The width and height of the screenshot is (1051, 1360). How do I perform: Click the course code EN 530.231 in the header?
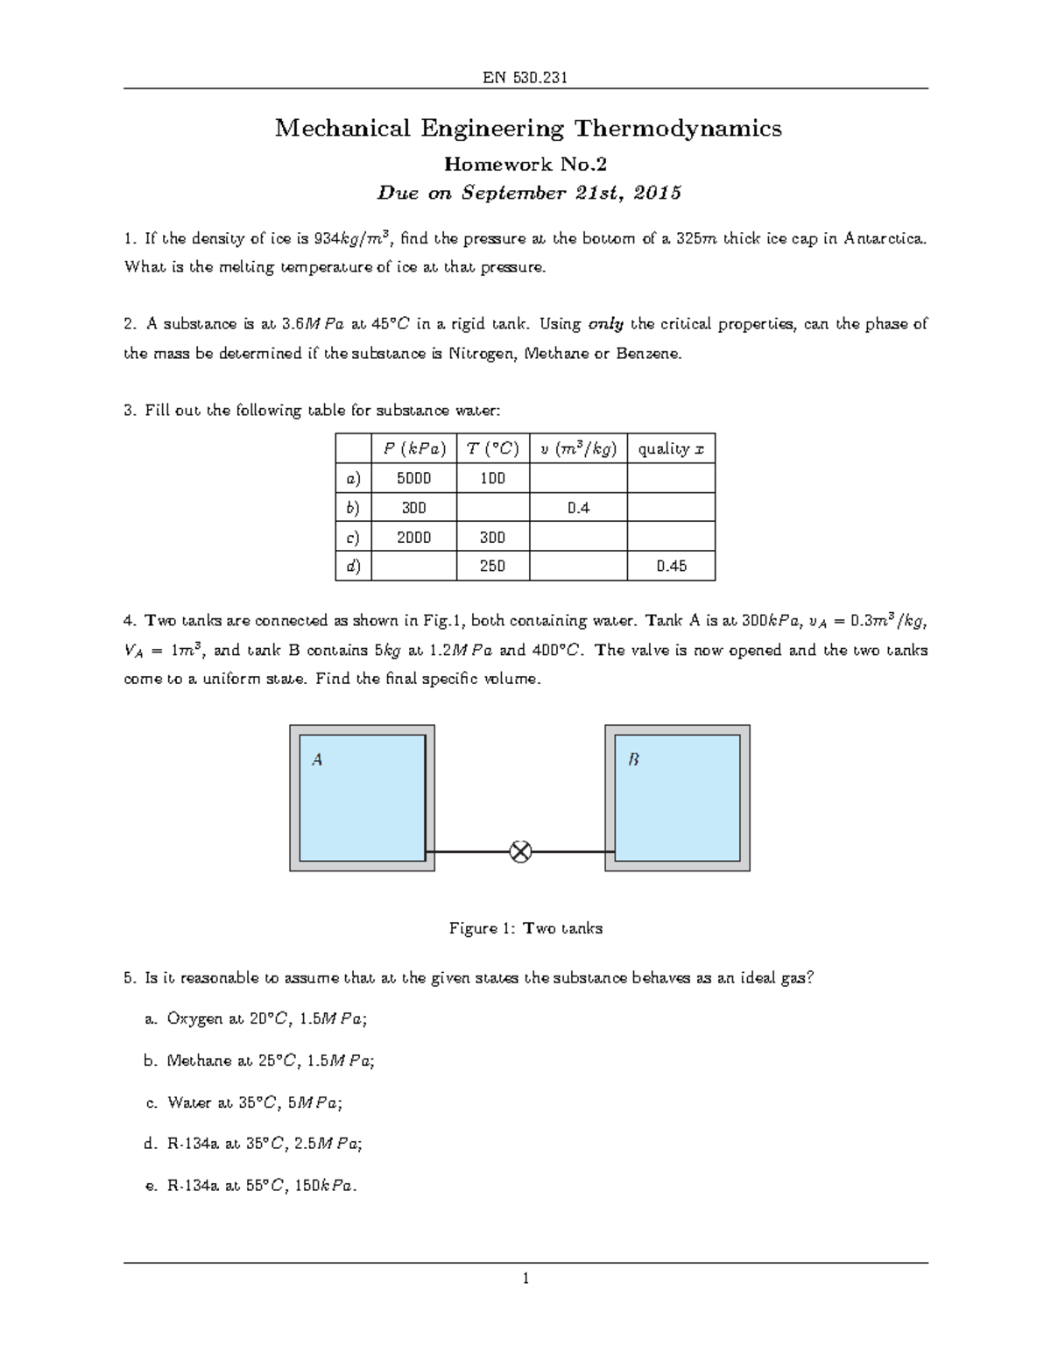tap(525, 77)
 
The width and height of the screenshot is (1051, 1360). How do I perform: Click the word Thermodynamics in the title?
tap(677, 129)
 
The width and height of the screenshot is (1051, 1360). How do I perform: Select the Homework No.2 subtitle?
tap(525, 164)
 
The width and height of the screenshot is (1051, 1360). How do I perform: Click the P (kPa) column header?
tap(414, 449)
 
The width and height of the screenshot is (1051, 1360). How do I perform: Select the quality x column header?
tap(671, 449)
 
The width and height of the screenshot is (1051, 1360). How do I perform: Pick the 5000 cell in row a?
tap(414, 479)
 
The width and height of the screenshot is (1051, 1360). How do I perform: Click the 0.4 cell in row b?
tap(578, 508)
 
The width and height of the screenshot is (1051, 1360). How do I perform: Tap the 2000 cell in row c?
tap(414, 537)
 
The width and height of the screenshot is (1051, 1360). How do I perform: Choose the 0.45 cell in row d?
tap(671, 566)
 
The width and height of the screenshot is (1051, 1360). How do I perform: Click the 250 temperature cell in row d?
tap(492, 566)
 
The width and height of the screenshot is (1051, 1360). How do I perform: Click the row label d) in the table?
tap(353, 566)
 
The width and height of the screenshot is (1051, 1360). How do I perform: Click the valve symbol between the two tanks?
tap(520, 851)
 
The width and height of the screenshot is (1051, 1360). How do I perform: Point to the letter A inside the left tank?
tap(317, 760)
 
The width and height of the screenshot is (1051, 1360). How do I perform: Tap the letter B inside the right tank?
tap(633, 760)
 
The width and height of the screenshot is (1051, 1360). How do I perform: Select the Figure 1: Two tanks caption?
tap(525, 928)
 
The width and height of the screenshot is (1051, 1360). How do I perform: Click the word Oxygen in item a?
tap(195, 1018)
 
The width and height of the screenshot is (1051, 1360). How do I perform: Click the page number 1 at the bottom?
tap(525, 1279)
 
